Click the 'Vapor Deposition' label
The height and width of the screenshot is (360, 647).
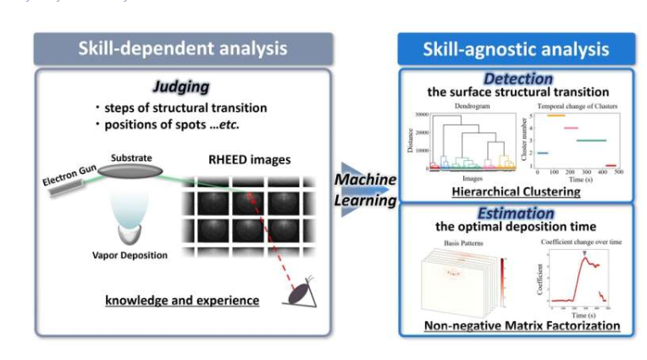(x=129, y=254)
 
